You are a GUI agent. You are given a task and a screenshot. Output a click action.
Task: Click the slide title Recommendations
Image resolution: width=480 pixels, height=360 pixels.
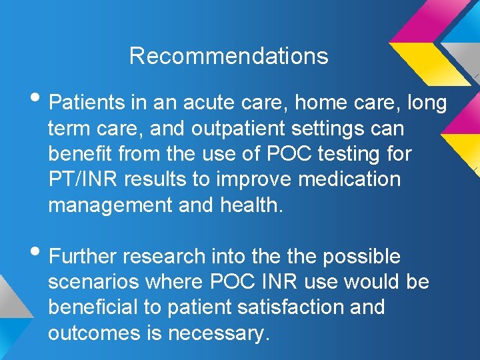click(x=229, y=56)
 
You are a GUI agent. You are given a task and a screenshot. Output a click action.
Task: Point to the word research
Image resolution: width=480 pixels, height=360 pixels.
click(x=165, y=257)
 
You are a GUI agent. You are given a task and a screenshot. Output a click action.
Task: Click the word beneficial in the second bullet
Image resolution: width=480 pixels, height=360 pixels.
click(x=95, y=308)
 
